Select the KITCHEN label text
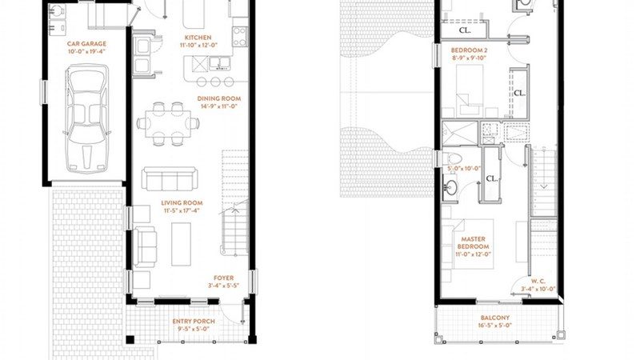[198, 38]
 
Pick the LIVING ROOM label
[182, 203]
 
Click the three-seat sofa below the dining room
[168, 178]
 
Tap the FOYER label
[223, 278]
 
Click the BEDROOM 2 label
[470, 50]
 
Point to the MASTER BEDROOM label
[473, 242]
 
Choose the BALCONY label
[495, 318]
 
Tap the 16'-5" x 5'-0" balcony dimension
[495, 326]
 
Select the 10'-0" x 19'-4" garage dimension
[86, 51]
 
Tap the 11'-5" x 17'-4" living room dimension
[182, 211]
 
